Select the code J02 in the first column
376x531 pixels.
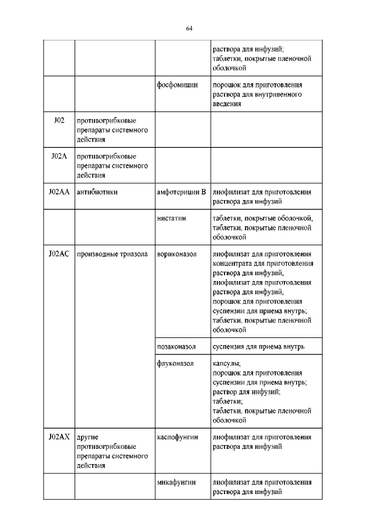[58, 120]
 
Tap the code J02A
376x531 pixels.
[58, 156]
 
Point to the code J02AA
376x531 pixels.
[58, 192]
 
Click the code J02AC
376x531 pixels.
[58, 253]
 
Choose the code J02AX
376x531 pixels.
[58, 437]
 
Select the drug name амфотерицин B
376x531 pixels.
[181, 192]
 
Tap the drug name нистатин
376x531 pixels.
[172, 218]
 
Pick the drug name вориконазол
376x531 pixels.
[177, 253]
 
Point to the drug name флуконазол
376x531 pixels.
[175, 363]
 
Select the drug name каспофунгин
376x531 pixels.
[177, 437]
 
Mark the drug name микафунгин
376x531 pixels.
[176, 482]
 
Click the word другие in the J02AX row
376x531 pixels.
[87, 437]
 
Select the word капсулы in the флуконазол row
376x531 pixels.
[227, 363]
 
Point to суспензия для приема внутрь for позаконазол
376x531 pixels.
[258, 347]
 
